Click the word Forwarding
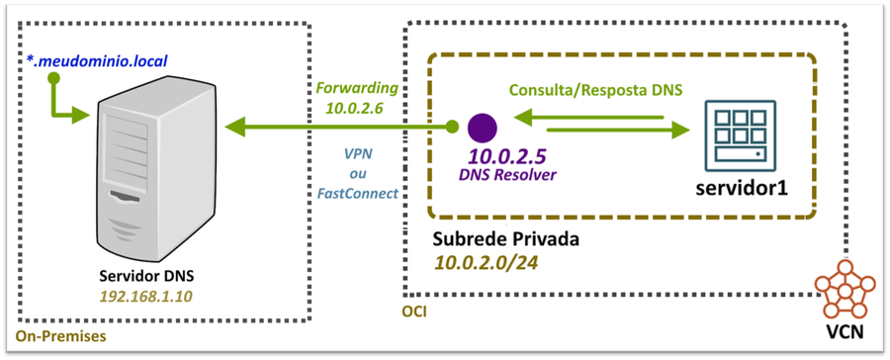(x=358, y=87)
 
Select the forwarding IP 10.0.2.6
(x=358, y=106)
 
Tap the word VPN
(x=358, y=154)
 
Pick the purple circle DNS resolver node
(x=482, y=127)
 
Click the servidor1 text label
(x=737, y=187)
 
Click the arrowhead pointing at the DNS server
(x=235, y=127)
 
